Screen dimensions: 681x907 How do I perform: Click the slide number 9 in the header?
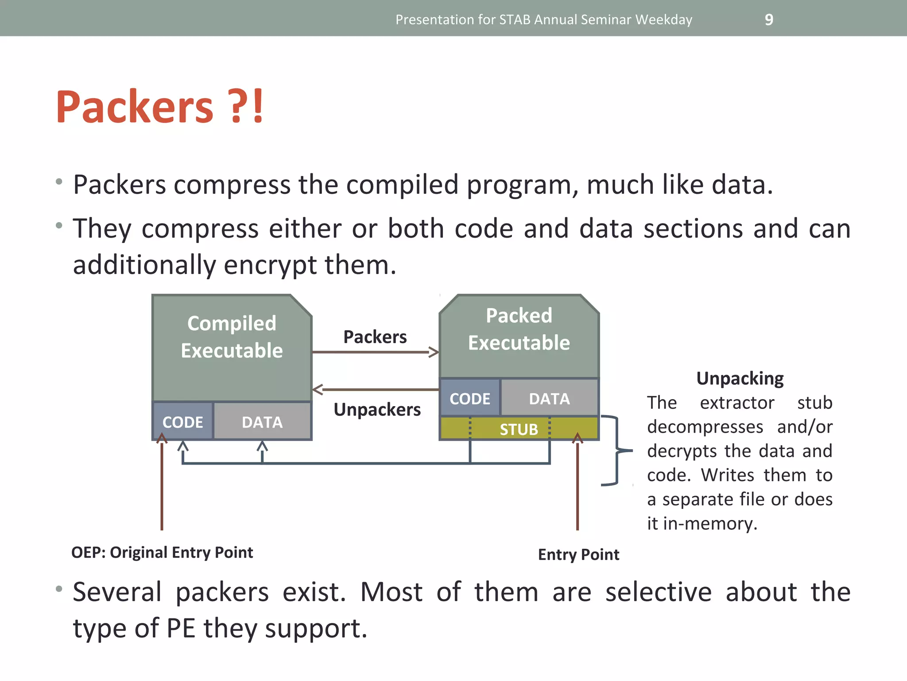coord(769,20)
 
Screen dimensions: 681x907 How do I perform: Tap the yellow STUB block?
coord(519,429)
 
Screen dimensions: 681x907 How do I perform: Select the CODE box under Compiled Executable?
coord(182,422)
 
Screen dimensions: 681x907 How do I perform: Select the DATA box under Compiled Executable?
coord(262,422)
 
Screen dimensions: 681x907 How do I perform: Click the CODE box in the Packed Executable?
coord(469,398)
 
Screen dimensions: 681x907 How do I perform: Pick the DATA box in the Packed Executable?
coord(549,398)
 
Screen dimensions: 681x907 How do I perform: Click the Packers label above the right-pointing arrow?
coord(375,337)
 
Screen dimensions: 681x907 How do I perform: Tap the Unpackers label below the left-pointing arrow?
coord(377,409)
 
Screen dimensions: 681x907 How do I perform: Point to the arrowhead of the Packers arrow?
coord(434,352)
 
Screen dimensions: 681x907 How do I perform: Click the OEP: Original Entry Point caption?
coord(162,552)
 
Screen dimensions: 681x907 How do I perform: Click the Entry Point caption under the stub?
coord(578,554)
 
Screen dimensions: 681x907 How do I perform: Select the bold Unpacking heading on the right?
coord(740,378)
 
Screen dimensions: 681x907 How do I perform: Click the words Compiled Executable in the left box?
coord(232,337)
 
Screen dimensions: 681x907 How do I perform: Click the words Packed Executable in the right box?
coord(519,329)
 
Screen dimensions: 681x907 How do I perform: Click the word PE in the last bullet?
coord(181,628)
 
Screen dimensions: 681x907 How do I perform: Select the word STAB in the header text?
coord(515,20)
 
